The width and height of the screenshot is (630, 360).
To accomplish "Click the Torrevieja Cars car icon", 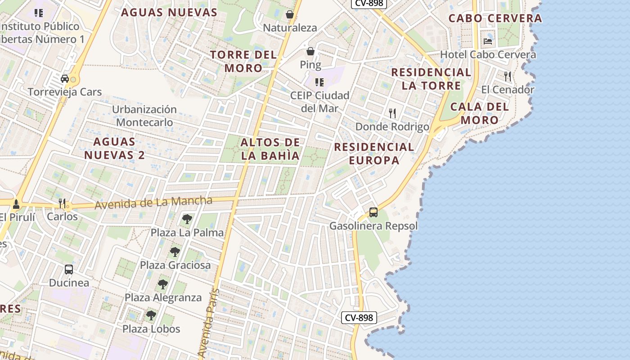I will [65, 79].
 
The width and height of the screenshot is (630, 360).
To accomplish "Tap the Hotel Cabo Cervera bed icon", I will [488, 41].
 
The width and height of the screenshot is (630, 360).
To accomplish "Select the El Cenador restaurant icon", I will [508, 76].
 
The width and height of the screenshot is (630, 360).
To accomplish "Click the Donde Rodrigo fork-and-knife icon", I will [392, 113].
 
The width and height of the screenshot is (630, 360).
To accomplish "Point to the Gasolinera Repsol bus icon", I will [373, 212].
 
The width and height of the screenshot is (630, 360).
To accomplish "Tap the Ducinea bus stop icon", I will [69, 270].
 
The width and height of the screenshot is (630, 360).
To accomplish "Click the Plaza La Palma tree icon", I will [187, 219].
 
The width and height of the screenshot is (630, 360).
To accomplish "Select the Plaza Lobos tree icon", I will [151, 315].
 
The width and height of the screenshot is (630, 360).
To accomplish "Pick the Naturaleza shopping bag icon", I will [290, 14].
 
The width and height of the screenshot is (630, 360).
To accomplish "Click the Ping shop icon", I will [310, 51].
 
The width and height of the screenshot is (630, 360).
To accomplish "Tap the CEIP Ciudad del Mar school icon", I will [319, 82].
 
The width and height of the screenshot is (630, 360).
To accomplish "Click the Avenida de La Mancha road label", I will [153, 202].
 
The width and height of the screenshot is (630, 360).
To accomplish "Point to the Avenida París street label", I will [208, 324].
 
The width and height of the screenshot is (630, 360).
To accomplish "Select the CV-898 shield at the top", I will [369, 4].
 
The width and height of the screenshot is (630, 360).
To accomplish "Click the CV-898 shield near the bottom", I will [359, 318].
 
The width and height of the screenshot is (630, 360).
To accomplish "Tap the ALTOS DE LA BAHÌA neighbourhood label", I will [270, 149].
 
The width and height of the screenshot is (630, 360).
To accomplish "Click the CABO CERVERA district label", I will [495, 18].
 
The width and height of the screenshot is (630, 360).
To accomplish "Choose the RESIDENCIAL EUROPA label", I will [374, 153].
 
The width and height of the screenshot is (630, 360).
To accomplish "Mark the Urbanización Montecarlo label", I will [144, 116].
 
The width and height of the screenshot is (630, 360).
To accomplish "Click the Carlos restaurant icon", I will [62, 203].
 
